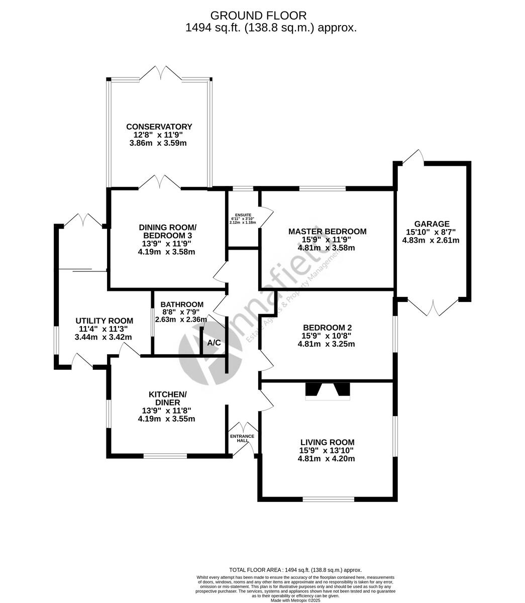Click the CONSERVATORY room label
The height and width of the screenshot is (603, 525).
pyautogui.click(x=159, y=127)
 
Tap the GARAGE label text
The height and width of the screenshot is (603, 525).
pyautogui.click(x=432, y=224)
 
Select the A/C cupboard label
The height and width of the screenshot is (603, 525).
pyautogui.click(x=214, y=343)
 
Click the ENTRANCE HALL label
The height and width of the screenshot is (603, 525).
pyautogui.click(x=243, y=438)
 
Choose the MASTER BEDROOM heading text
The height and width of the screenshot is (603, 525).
pyautogui.click(x=327, y=232)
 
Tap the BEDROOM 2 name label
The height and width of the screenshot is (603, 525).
pyautogui.click(x=327, y=328)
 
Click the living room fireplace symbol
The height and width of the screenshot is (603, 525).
pyautogui.click(x=328, y=391)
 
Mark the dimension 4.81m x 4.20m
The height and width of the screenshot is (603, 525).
pyautogui.click(x=327, y=459)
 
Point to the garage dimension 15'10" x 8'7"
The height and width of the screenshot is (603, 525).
pyautogui.click(x=431, y=232)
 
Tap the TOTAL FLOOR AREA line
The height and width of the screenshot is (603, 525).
pyautogui.click(x=295, y=570)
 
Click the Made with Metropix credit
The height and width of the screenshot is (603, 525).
pyautogui.click(x=295, y=600)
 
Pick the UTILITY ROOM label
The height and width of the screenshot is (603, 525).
pyautogui.click(x=104, y=321)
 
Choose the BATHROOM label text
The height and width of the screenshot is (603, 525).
pyautogui.click(x=182, y=305)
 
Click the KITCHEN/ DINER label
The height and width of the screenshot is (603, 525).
pyautogui.click(x=167, y=398)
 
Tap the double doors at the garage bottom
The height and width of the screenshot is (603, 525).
pyautogui.click(x=433, y=307)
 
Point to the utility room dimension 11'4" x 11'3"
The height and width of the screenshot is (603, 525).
pyautogui.click(x=104, y=329)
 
